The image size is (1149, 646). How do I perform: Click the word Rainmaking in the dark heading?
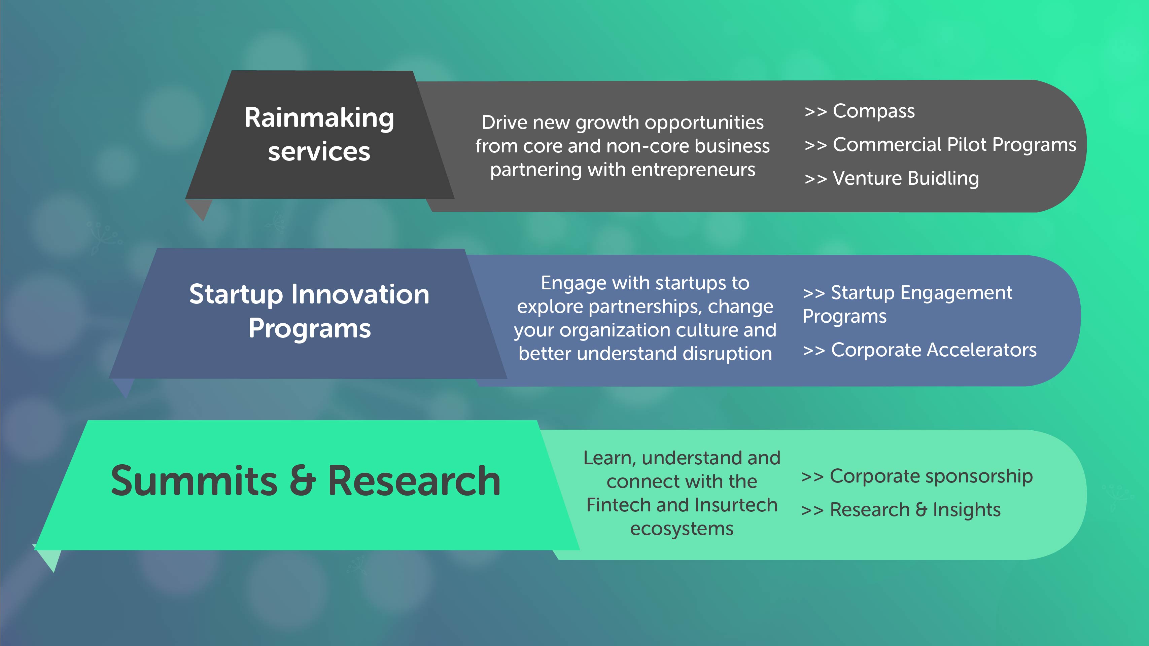coord(319,118)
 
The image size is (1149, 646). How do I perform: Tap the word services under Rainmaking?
coord(319,152)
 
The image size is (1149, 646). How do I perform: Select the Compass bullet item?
coord(860,111)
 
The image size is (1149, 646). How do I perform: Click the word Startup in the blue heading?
coord(236,295)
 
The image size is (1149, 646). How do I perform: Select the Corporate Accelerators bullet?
coord(920,350)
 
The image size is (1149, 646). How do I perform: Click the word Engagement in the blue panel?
coord(956,293)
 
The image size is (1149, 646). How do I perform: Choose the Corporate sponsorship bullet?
coord(917,476)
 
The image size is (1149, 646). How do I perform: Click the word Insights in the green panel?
coord(967,510)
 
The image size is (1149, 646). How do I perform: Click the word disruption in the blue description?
coord(727,354)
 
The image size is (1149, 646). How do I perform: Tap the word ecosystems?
coord(682,529)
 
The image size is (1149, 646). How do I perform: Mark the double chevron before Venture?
coord(816,179)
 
